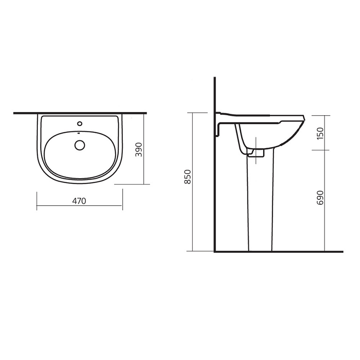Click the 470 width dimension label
[79, 201]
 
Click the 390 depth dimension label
[139, 150]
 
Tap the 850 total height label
[188, 177]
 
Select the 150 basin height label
[319, 133]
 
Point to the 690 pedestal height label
[319, 198]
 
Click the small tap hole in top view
[80, 124]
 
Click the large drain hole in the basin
[80, 145]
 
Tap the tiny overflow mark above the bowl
[79, 133]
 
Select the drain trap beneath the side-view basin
[256, 153]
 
